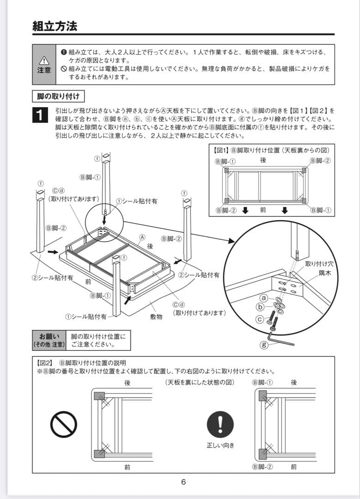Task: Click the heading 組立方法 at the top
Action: (55, 26)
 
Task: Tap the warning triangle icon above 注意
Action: (44, 60)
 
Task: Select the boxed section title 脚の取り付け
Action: (58, 97)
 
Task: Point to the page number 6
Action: (183, 482)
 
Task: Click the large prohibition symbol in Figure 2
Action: (63, 424)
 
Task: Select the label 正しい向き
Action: (220, 445)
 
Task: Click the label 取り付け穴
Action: (319, 264)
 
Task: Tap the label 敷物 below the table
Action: (156, 317)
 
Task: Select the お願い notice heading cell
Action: (49, 341)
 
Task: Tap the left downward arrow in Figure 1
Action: (245, 211)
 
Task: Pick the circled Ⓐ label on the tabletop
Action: (142, 237)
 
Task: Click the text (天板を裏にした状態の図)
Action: (199, 383)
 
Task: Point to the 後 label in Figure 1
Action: (263, 160)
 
